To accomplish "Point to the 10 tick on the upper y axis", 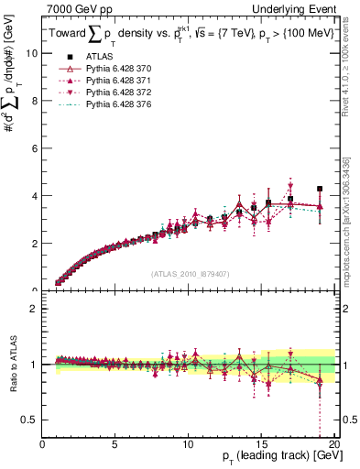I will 31,53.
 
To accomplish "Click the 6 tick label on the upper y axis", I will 34,148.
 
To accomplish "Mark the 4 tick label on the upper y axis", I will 34,196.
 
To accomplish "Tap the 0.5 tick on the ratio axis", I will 29,420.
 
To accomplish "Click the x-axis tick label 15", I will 261,446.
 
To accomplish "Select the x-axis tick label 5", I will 115,446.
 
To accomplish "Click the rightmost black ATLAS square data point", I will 320,189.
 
